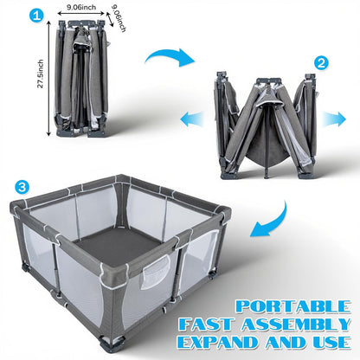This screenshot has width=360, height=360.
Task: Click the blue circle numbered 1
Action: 36,16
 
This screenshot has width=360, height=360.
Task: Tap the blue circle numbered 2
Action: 321,63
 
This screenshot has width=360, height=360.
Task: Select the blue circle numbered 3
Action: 22,187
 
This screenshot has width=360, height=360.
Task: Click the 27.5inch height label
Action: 41,74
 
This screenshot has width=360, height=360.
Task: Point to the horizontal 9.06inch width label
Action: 81,7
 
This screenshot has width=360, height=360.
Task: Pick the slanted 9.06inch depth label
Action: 119,17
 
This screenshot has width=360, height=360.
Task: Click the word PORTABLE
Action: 293,307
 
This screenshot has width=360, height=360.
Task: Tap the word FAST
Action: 205,325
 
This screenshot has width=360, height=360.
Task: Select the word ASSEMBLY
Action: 296,325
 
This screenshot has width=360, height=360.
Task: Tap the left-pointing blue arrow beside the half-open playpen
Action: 192,119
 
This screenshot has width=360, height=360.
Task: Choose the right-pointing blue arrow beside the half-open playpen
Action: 334,119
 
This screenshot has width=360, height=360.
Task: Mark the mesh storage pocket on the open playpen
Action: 155,272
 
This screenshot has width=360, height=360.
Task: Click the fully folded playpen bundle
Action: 81,79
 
